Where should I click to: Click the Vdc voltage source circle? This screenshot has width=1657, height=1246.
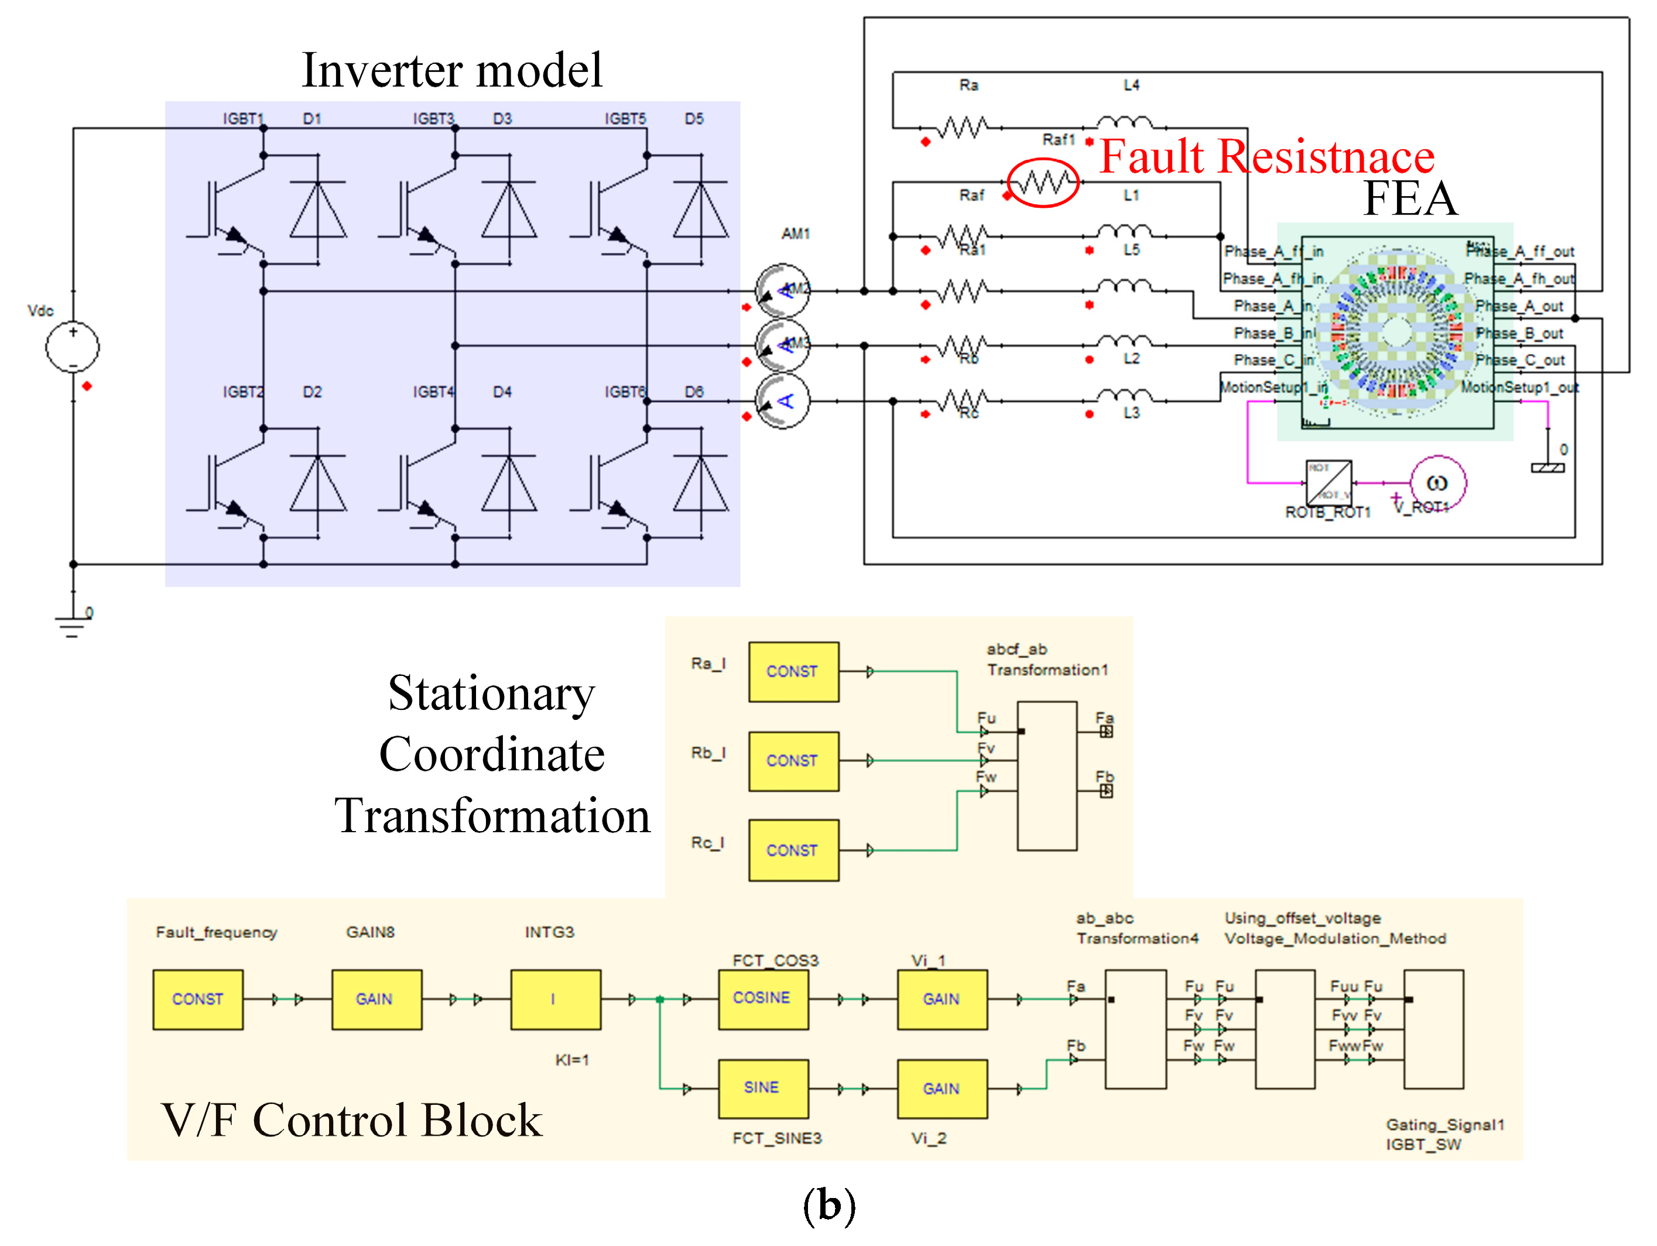(x=73, y=346)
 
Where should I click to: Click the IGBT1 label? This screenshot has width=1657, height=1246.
(x=244, y=119)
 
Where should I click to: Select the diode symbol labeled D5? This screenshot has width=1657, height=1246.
(x=700, y=210)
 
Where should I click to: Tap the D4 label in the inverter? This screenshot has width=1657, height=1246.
(x=502, y=392)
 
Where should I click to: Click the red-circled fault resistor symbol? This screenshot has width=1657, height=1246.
(x=1043, y=182)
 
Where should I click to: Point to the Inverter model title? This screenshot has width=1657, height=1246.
(x=451, y=70)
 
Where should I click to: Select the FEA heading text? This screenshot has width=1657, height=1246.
(x=1410, y=198)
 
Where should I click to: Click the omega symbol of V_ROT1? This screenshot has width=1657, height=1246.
(x=1437, y=483)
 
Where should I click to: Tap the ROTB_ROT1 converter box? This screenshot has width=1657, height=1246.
(x=1328, y=483)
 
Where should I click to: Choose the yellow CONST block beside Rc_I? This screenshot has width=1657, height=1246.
(x=793, y=850)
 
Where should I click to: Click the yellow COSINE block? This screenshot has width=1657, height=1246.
(x=762, y=999)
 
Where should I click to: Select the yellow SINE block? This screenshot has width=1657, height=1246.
(x=762, y=1088)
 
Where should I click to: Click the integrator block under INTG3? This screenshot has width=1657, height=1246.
(x=555, y=999)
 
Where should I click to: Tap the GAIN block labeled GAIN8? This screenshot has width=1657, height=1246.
(x=376, y=999)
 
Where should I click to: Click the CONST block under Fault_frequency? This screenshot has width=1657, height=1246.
(x=198, y=999)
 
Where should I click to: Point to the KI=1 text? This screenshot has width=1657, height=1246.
(x=571, y=1059)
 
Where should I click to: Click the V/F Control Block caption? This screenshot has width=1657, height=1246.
(x=351, y=1121)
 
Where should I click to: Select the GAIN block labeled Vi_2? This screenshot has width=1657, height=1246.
(x=942, y=1088)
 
